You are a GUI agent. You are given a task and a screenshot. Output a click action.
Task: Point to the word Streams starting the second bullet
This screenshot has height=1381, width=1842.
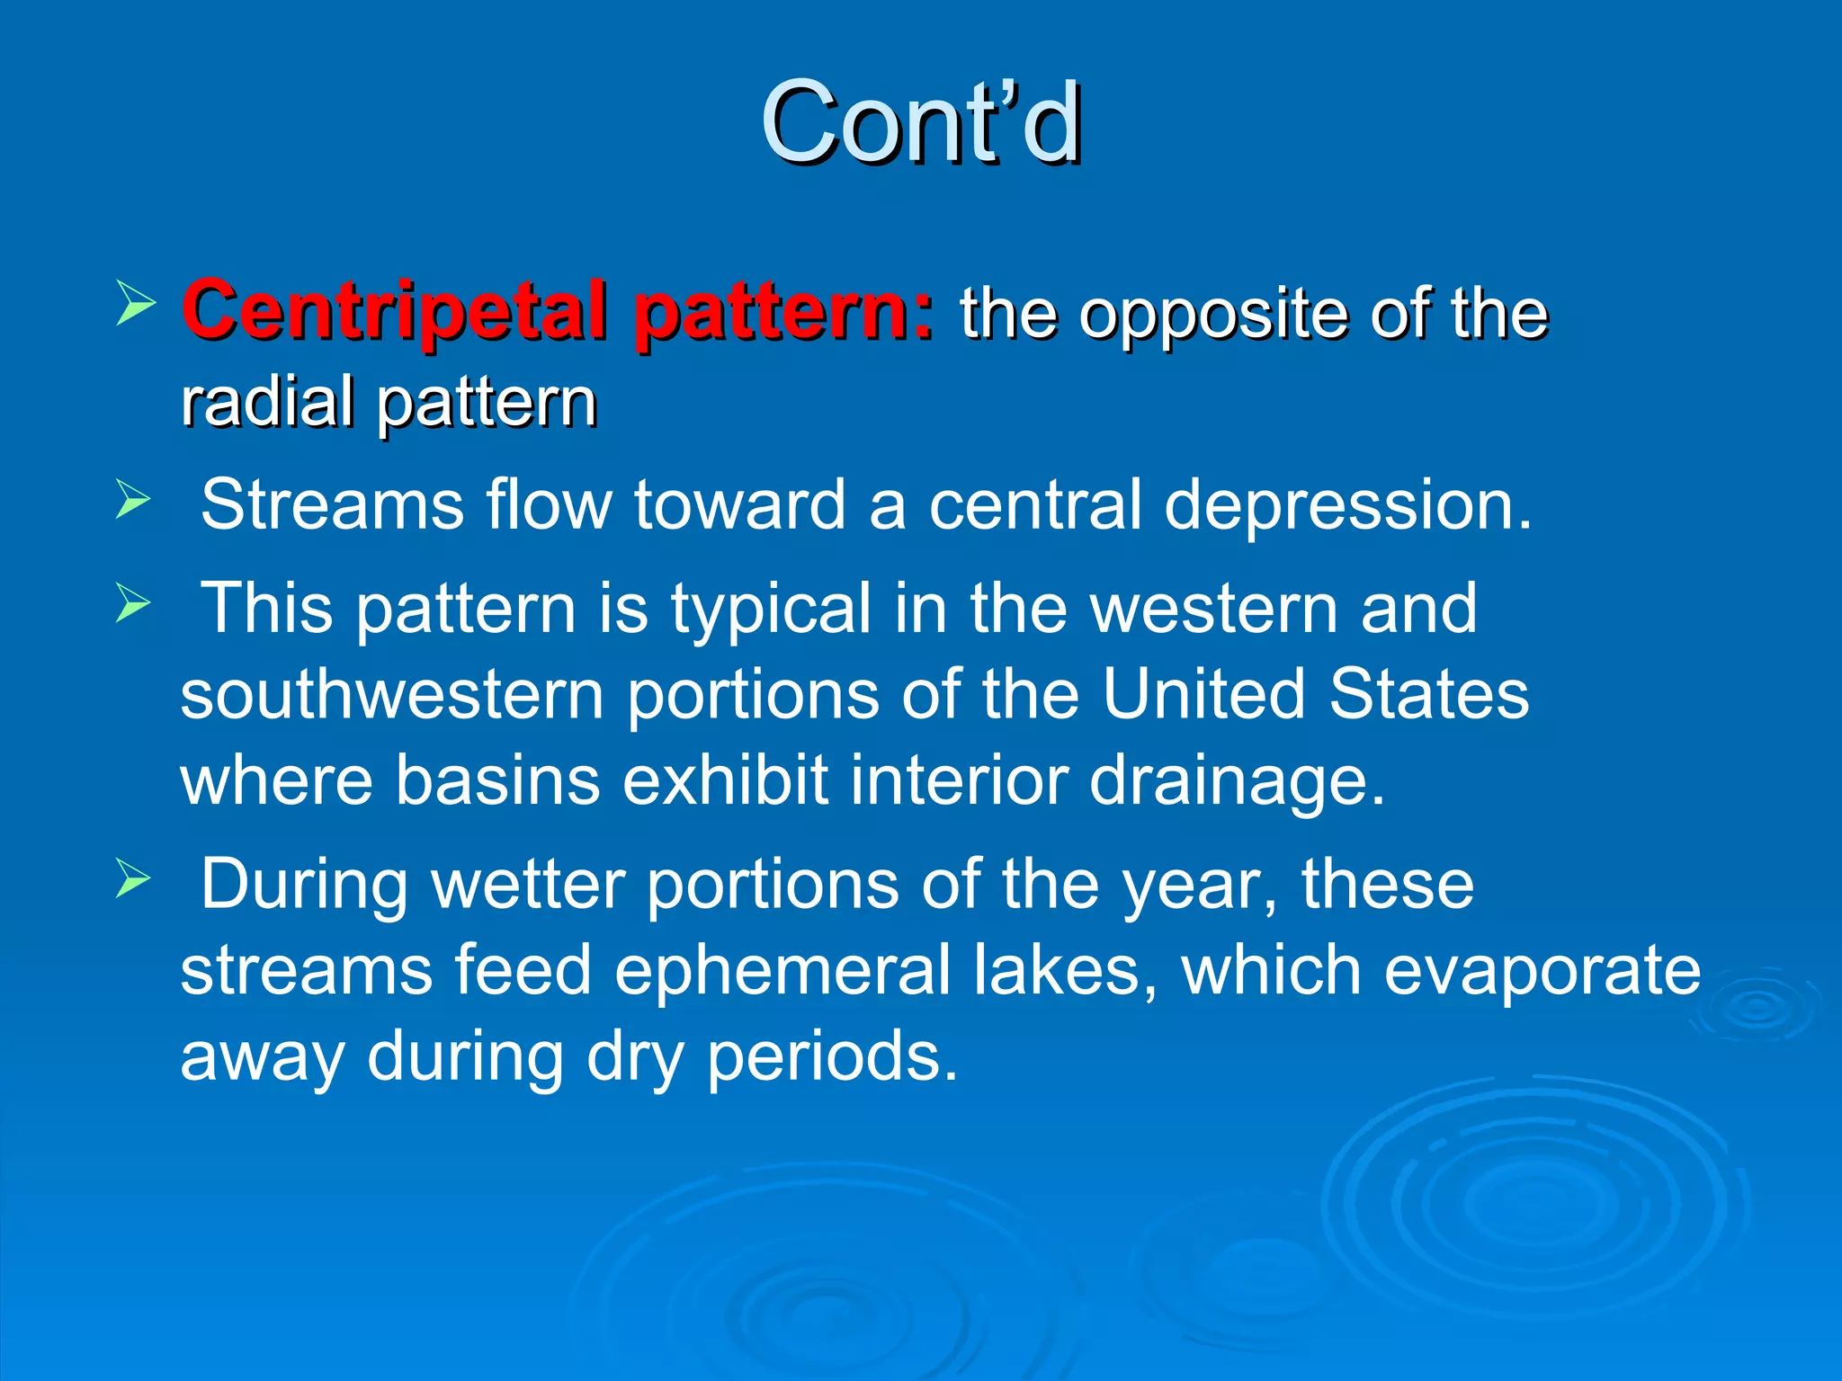[332, 504]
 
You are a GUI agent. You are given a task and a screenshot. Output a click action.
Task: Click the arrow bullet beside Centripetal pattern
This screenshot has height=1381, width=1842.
[136, 303]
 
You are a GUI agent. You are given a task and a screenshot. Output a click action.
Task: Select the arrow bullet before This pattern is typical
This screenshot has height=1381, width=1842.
[133, 602]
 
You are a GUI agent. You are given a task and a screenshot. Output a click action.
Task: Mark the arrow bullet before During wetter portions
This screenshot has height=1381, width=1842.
[133, 878]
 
